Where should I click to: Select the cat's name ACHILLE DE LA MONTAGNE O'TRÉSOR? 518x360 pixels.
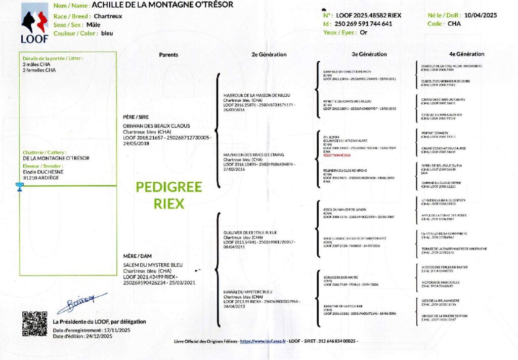[x=162, y=5]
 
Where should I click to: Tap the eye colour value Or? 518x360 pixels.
[x=363, y=32]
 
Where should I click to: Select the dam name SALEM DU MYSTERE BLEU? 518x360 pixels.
[x=147, y=265]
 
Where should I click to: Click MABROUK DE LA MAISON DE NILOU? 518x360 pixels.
[x=253, y=95]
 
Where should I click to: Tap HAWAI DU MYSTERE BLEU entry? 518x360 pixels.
[x=247, y=292]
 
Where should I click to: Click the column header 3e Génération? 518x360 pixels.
[x=369, y=54]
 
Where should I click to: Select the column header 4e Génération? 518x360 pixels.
[x=466, y=54]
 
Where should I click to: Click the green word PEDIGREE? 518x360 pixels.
[x=168, y=187]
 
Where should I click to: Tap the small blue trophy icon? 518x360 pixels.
[x=19, y=187]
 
